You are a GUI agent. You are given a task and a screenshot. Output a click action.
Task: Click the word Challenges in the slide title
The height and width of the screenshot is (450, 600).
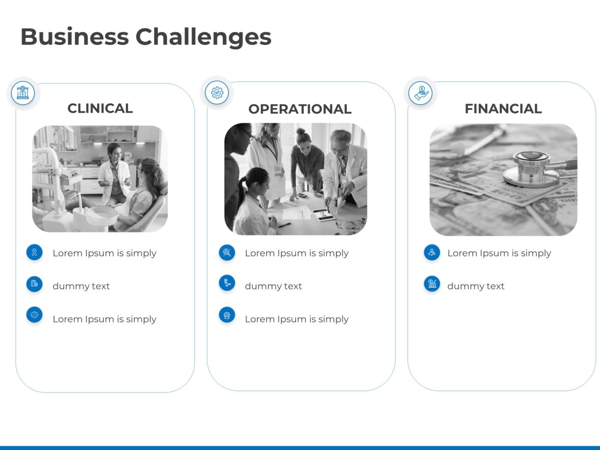(x=203, y=37)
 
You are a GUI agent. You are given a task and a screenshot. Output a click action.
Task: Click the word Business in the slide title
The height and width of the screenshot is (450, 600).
(x=74, y=37)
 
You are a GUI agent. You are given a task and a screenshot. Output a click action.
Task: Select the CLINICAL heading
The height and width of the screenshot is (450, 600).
(x=100, y=108)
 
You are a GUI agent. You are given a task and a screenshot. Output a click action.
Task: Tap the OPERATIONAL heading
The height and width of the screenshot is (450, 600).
(x=299, y=109)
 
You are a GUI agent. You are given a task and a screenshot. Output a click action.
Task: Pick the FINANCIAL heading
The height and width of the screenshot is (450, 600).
(x=503, y=108)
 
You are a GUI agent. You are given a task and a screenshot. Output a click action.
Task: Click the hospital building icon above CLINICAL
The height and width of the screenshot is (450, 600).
(x=23, y=93)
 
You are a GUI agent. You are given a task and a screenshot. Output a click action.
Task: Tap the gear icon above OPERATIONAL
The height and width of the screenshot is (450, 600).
(x=217, y=93)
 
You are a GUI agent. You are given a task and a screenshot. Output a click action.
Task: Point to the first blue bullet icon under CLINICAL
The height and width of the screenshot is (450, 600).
(x=35, y=252)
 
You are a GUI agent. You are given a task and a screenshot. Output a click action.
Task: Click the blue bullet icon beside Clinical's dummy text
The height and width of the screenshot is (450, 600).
(x=35, y=284)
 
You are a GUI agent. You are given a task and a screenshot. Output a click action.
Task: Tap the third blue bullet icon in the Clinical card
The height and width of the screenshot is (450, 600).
(x=35, y=315)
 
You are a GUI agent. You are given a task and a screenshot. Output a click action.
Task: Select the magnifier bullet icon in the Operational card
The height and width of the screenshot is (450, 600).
(x=227, y=252)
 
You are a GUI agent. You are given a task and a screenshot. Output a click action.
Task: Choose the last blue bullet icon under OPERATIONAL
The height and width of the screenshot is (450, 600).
(x=227, y=315)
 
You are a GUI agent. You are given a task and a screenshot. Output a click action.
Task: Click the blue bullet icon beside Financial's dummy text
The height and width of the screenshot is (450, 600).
(x=432, y=284)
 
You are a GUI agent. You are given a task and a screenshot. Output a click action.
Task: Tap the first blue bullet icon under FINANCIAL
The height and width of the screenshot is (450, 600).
(x=432, y=252)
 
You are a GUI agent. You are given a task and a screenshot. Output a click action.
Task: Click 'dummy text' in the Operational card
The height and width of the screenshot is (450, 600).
(x=273, y=286)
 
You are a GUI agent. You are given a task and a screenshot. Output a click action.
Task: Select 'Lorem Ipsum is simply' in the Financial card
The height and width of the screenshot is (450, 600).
(x=499, y=253)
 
